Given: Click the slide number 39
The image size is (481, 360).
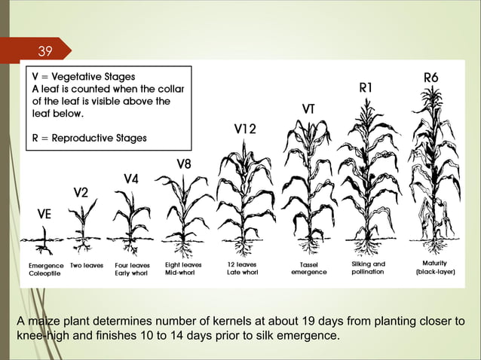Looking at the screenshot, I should click(46, 51).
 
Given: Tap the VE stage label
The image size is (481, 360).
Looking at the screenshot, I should click(44, 214).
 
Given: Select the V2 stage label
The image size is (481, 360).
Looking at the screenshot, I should click(81, 194).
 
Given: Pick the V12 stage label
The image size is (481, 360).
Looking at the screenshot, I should click(244, 130).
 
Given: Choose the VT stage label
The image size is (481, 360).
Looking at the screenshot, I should click(308, 109).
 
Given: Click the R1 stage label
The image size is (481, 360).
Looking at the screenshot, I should click(366, 88).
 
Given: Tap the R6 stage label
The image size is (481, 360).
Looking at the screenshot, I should click(431, 78).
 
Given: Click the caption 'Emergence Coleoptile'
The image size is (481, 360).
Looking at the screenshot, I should click(46, 270).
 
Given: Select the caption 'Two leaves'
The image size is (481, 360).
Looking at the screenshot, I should click(87, 265).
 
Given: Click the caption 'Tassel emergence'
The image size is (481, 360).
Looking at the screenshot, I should click(309, 269).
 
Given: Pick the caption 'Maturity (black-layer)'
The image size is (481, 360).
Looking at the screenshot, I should click(436, 268).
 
